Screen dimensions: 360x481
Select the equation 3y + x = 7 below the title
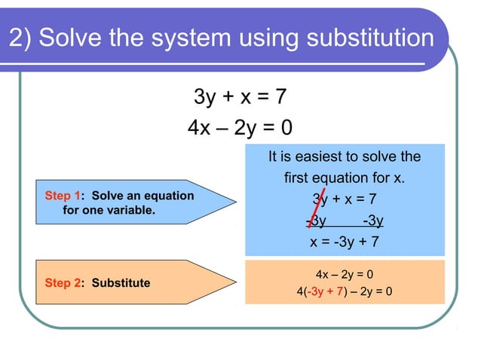(x=240, y=97)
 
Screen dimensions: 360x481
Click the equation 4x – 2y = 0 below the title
(x=240, y=127)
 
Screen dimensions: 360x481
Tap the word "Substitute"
(x=121, y=283)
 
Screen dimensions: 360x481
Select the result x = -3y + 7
(x=345, y=243)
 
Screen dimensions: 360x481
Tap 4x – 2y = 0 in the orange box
(x=345, y=274)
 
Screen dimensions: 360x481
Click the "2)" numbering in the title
(x=20, y=38)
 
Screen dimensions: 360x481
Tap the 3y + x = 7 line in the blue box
(x=345, y=200)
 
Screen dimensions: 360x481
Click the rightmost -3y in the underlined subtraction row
(x=372, y=221)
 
